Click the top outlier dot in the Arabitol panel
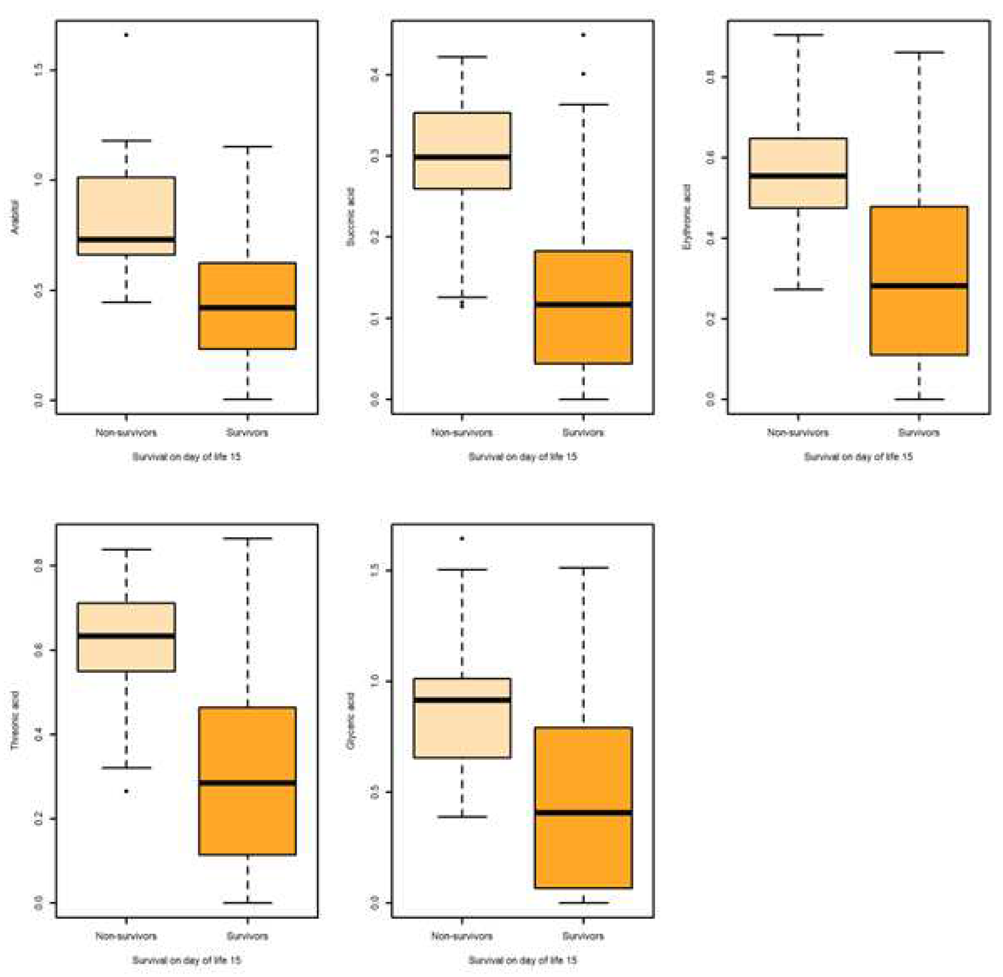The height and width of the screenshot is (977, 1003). click(126, 35)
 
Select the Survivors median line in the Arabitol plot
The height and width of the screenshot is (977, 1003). click(247, 308)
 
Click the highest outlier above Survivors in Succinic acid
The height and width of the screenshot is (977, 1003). click(583, 35)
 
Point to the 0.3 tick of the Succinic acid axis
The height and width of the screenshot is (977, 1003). click(375, 156)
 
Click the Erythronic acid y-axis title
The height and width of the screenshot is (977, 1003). click(687, 217)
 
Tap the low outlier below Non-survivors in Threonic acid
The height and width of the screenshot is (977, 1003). click(126, 791)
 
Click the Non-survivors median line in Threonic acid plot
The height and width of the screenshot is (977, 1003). click(126, 636)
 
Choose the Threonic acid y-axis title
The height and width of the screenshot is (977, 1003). click(15, 720)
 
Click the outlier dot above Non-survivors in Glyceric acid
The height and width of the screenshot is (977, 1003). click(462, 538)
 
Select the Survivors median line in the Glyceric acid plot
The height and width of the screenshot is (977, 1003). click(583, 812)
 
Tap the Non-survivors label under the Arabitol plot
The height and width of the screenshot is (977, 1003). click(126, 433)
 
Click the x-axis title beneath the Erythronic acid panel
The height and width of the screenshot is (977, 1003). click(858, 456)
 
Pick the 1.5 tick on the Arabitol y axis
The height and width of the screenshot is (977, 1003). click(39, 70)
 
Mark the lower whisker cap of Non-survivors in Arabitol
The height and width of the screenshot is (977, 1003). click(126, 302)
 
